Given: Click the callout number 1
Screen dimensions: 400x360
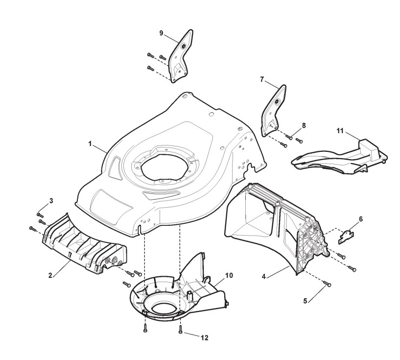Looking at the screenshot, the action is tap(90, 144).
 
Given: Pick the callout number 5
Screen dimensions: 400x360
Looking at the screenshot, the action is tap(306, 301).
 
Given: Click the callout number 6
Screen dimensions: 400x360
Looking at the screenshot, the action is tap(361, 219).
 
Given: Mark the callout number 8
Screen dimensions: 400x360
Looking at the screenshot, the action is tap(304, 125).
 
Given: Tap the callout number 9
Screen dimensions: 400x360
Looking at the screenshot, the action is tap(161, 34).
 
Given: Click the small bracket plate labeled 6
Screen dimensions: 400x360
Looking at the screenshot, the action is tap(347, 237).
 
